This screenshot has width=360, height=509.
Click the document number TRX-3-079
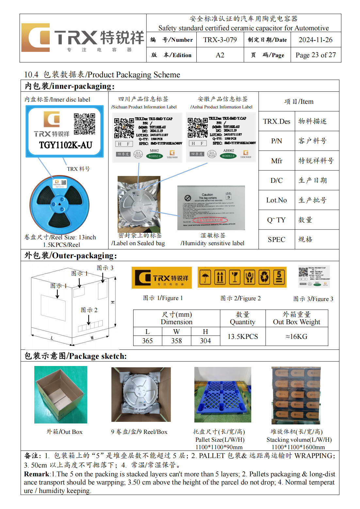[x=220, y=40]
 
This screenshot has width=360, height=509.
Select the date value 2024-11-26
[x=315, y=40]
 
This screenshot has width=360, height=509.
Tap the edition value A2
[x=220, y=55]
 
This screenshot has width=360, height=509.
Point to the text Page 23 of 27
[x=315, y=55]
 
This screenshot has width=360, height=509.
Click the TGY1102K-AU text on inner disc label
[x=66, y=145]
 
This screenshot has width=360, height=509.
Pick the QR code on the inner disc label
[x=84, y=124]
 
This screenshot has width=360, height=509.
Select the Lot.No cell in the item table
[x=276, y=200]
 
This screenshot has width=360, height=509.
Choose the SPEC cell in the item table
[x=276, y=240]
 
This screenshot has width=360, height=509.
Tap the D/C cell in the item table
[x=276, y=181]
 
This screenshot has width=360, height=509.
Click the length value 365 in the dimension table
[x=147, y=341]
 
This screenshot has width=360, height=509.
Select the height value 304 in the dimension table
[x=205, y=341]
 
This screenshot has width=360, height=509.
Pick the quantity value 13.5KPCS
[x=243, y=337]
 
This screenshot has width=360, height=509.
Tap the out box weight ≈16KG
[x=296, y=337]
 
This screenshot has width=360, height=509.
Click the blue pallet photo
[x=222, y=394]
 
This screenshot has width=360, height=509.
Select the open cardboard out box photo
[x=61, y=394]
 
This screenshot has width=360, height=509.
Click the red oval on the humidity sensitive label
[x=209, y=220]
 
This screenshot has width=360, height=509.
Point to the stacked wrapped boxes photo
[x=296, y=395]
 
